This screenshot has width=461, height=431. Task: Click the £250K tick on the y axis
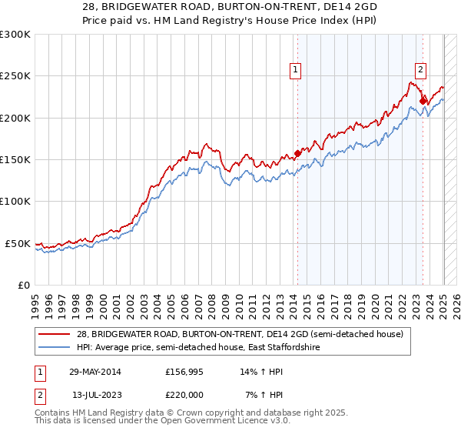(x=15, y=76)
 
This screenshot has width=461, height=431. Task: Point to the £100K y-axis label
(x=15, y=201)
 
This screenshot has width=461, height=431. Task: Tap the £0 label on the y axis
(x=22, y=285)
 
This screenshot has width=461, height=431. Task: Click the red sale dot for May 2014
(x=297, y=154)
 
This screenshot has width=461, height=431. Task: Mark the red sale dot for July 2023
(x=423, y=101)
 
